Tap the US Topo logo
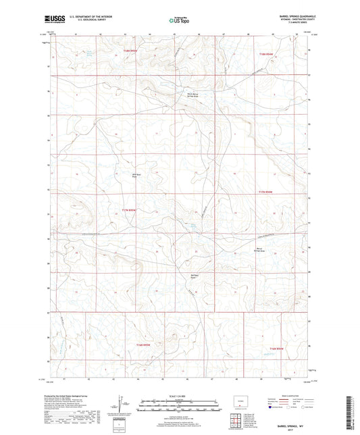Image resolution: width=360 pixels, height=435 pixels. pos(179,22)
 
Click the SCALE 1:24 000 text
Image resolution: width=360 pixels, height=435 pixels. pos(180,396)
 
